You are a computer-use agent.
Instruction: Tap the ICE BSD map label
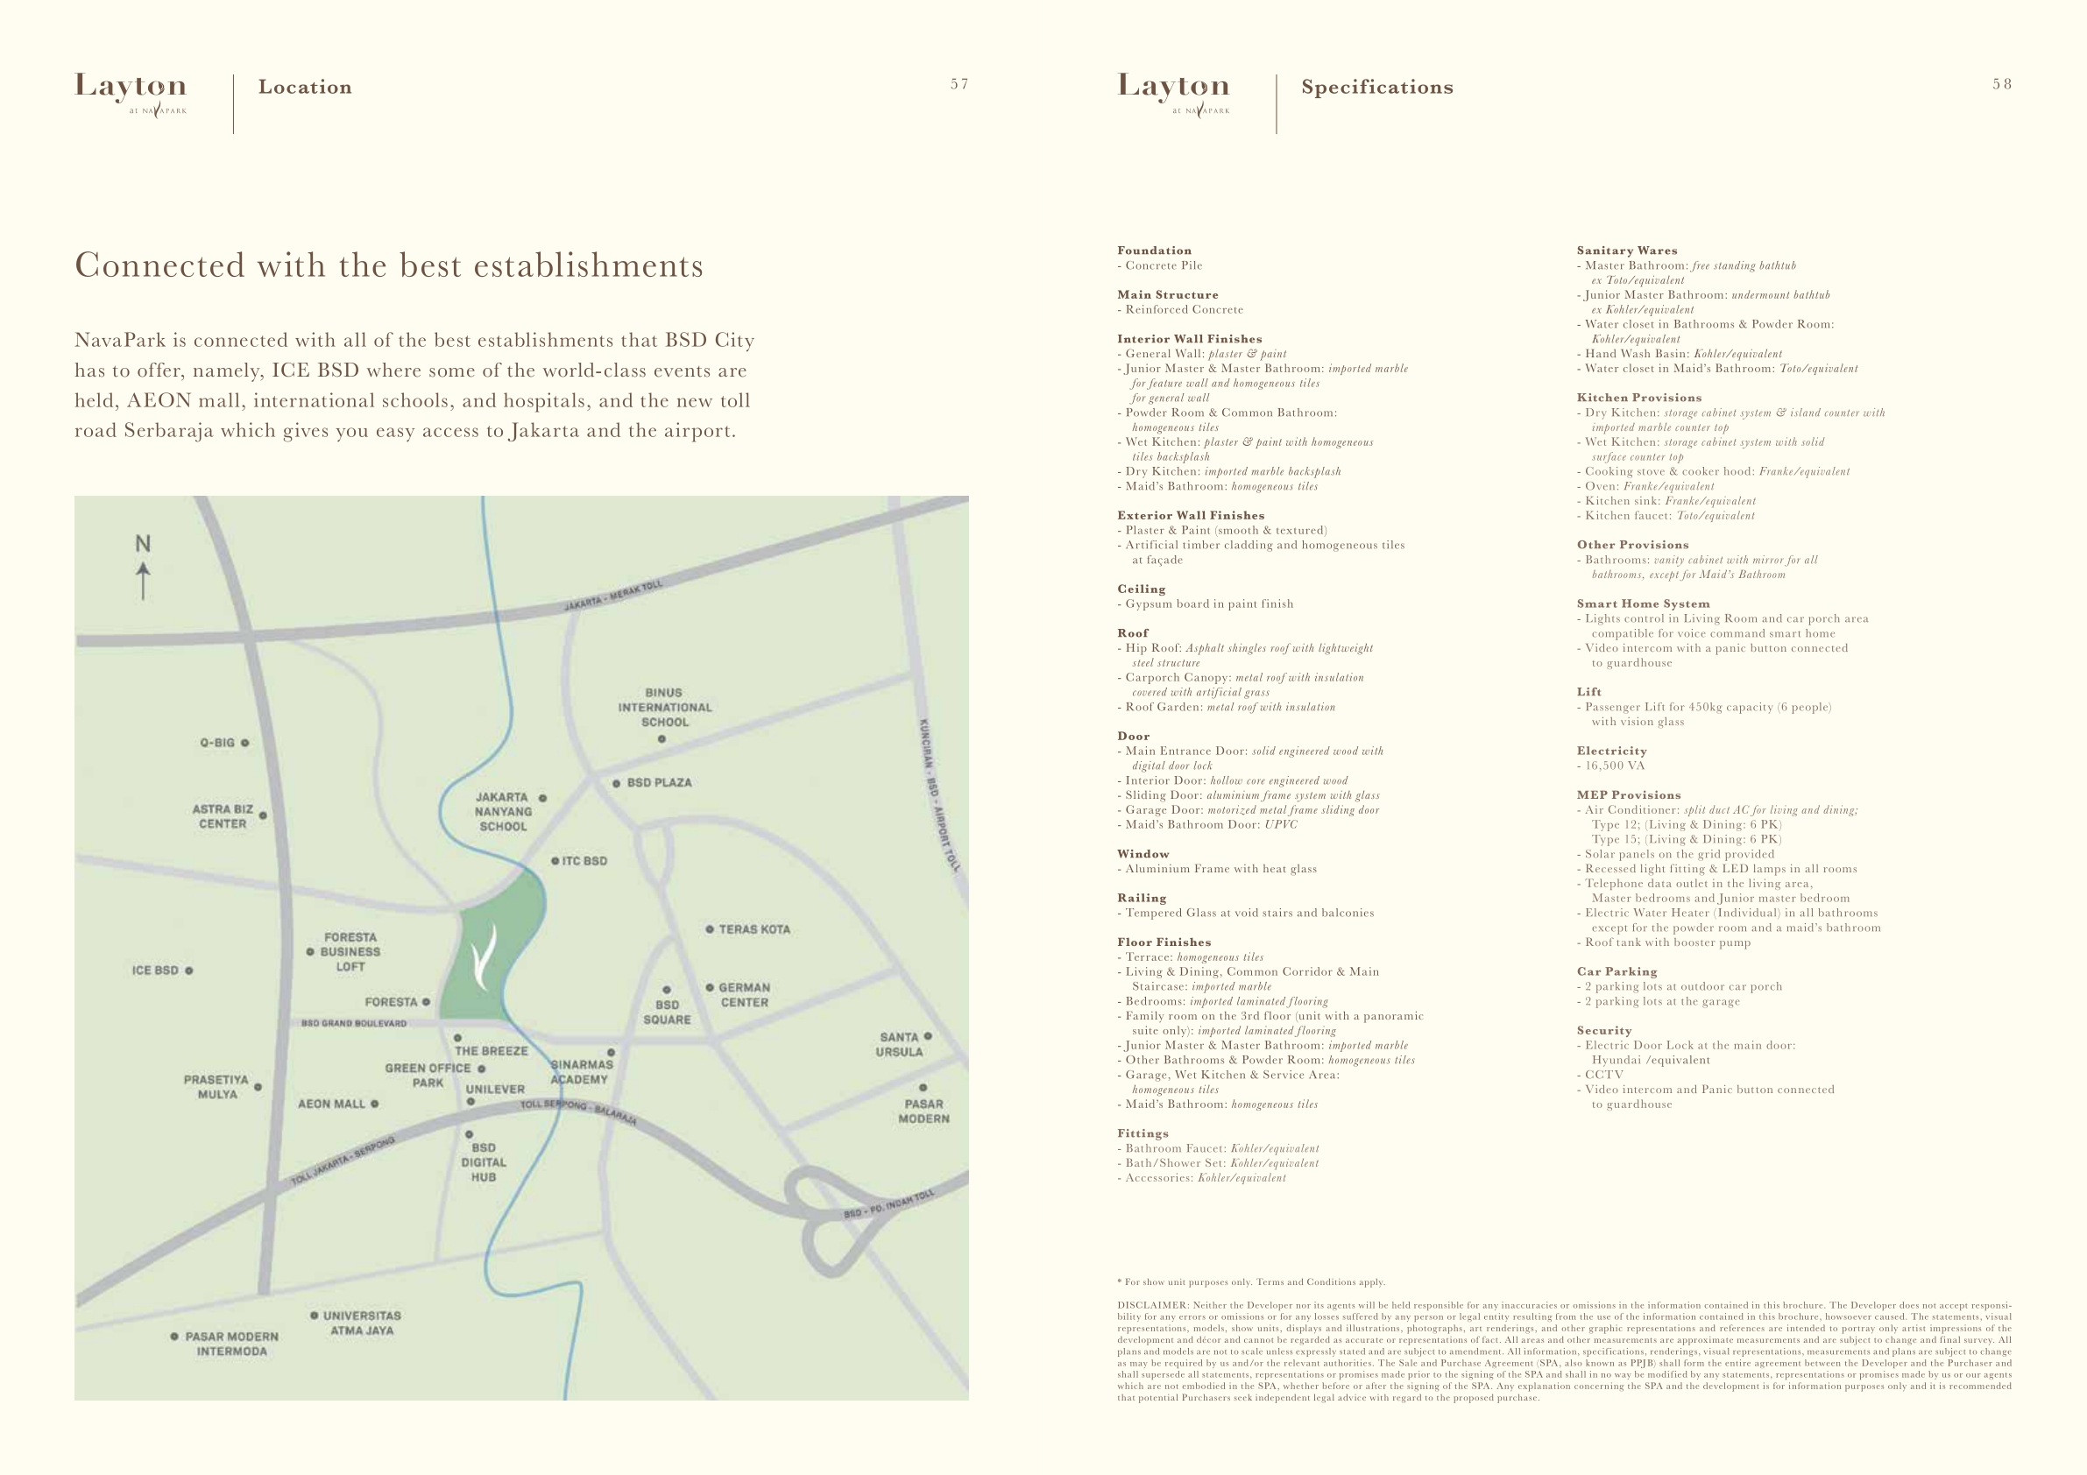155,970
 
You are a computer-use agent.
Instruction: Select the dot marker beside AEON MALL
374,1104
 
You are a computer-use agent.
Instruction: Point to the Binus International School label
664,707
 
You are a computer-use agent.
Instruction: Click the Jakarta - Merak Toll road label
613,596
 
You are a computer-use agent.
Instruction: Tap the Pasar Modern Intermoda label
231,1344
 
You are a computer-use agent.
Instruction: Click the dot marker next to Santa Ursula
928,1036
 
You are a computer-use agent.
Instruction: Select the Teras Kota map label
753,929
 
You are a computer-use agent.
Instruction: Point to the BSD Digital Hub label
484,1162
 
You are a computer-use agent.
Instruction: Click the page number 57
960,84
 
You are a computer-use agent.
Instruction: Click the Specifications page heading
1377,88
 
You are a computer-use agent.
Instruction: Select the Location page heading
305,88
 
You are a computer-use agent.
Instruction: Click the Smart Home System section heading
1644,603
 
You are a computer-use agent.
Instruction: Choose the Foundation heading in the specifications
1155,251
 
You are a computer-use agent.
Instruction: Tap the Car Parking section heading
1617,971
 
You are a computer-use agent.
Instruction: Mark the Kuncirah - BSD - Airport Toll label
938,796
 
